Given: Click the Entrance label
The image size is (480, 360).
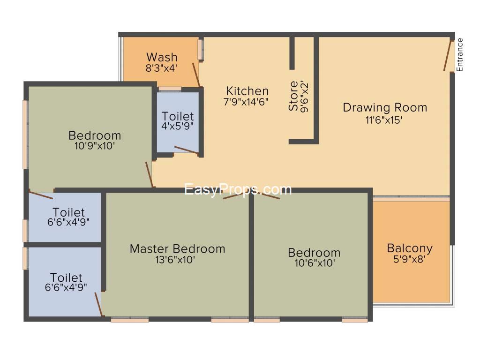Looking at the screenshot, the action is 459,55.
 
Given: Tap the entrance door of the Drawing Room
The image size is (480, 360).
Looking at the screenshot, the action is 448,55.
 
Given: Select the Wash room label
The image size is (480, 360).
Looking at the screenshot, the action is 162,57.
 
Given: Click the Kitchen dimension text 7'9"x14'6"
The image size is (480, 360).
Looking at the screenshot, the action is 246,102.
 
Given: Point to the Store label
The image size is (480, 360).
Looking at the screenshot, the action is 293,96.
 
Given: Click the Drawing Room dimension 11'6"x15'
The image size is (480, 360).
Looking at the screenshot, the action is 384,120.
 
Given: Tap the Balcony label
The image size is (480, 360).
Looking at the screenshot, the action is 410,248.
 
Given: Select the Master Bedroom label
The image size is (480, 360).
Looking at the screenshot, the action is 178,248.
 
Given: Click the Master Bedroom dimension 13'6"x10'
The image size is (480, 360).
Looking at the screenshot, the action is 175,260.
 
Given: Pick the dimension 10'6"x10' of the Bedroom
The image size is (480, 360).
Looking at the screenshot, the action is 315,263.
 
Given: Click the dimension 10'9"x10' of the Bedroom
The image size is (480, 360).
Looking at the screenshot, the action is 95,146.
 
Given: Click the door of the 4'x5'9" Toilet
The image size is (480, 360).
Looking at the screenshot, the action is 187,150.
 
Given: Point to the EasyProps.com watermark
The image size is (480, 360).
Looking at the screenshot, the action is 238,189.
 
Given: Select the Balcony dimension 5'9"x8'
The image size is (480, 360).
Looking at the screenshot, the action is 410,259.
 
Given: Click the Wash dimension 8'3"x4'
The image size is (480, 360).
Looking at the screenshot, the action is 161,68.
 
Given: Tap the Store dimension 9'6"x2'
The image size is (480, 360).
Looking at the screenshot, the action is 305,97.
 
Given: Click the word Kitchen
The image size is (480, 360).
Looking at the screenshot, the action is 247,91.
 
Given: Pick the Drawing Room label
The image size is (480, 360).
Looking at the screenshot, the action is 385,107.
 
